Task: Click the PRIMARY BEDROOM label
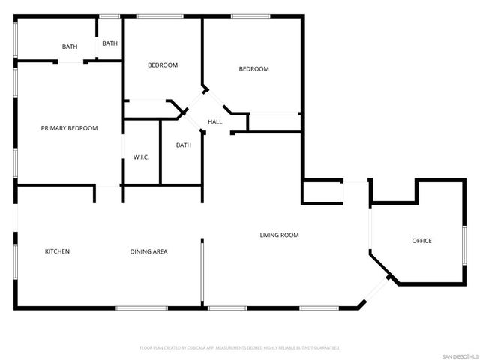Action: (69, 128)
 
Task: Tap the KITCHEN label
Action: (57, 251)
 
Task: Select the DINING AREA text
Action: (148, 251)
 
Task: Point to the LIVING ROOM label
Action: (279, 235)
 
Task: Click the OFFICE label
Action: (421, 241)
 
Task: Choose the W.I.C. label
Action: (142, 157)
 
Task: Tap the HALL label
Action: (215, 122)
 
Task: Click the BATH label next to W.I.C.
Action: (184, 145)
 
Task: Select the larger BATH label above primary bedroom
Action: (69, 47)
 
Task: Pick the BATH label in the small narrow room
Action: (110, 43)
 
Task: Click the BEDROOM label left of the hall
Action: (162, 65)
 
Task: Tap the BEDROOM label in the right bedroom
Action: (253, 69)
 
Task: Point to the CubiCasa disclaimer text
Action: (240, 348)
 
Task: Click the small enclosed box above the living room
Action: (322, 192)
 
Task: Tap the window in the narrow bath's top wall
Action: (109, 16)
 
